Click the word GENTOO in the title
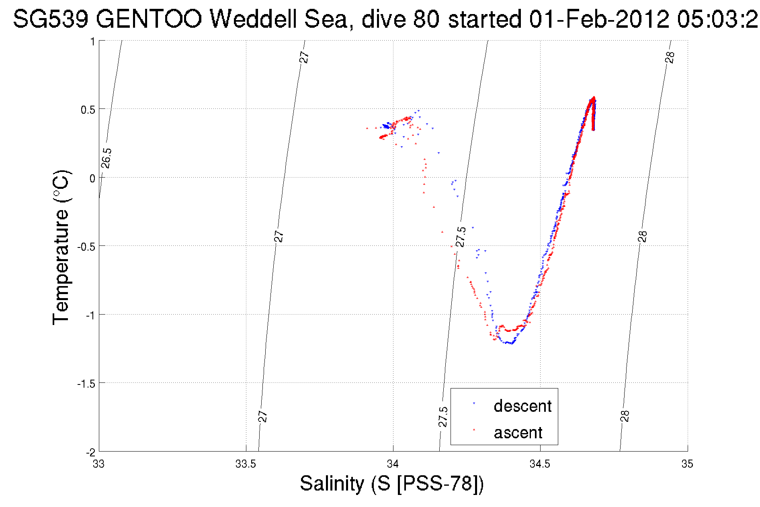coord(149,19)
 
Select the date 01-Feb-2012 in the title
coord(599,19)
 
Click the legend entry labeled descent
coord(522,406)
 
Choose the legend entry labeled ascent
coord(518,433)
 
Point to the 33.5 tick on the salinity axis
coord(246,464)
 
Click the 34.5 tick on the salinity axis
coord(540,464)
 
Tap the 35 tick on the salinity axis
coord(687,464)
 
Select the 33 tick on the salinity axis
coord(99,464)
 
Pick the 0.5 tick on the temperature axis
coord(88,110)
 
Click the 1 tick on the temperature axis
coord(92,41)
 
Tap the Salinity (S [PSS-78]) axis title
coord(392,483)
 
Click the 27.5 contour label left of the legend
coord(443,417)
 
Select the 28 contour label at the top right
coord(670,57)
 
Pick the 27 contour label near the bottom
coord(262,417)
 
